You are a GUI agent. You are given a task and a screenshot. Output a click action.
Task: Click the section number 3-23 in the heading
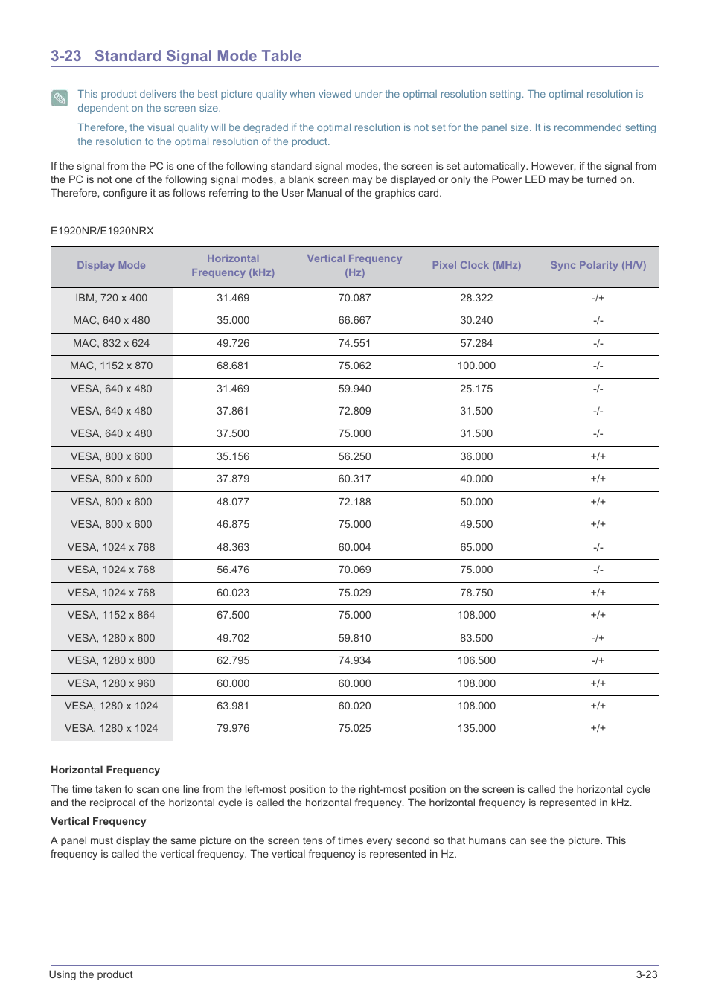pos(65,56)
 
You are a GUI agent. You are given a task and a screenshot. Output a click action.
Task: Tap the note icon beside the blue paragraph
pos(60,98)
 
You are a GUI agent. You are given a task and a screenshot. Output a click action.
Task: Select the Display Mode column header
pos(111,265)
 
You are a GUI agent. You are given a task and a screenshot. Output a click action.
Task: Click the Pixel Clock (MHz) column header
pos(476,265)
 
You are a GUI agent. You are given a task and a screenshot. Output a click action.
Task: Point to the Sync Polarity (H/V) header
pos(598,265)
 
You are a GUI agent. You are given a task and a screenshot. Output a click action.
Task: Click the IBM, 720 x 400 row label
pos(111,298)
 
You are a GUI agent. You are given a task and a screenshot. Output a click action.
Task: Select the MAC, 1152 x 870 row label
pos(111,366)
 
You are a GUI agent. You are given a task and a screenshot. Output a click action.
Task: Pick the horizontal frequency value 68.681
pos(233,366)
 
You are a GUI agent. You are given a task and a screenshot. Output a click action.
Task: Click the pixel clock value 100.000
pos(476,366)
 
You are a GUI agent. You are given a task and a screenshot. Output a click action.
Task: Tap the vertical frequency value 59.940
pos(354,389)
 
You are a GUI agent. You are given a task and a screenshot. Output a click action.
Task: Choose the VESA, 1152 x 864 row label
pos(111,615)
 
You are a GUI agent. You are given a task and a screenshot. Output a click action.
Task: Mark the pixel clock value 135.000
pos(476,728)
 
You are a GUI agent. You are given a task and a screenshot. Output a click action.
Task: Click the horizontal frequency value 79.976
pos(233,728)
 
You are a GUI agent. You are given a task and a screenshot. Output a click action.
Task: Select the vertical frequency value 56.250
pos(354,456)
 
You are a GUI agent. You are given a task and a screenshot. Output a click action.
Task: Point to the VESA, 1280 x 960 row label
pos(111,683)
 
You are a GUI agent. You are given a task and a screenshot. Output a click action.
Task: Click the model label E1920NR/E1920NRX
pos(102,231)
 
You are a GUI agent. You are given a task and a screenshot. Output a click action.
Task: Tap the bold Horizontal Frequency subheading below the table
pos(105,770)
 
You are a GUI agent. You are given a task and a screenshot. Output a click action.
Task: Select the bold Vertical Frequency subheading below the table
pos(98,821)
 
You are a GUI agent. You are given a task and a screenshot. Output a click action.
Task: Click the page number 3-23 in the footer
pos(646,974)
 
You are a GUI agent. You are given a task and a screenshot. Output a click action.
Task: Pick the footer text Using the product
pos(91,974)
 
